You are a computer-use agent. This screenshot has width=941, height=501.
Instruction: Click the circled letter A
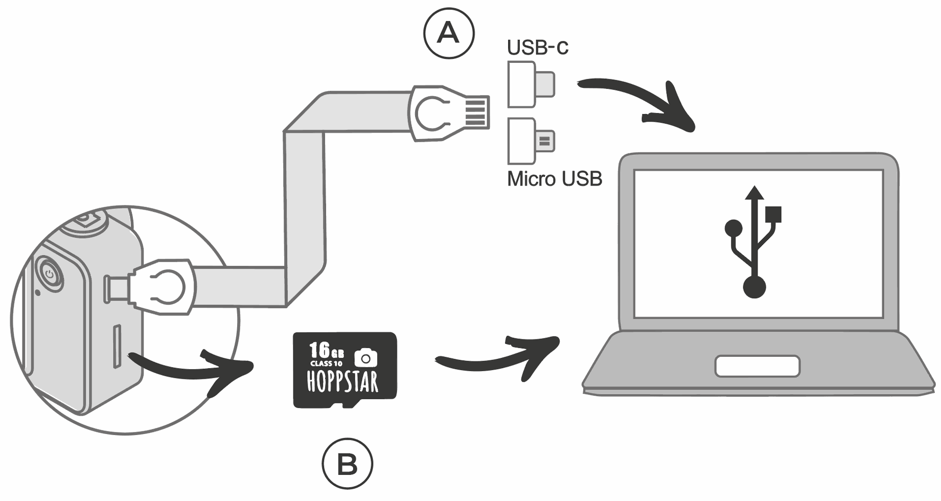pyautogui.click(x=449, y=33)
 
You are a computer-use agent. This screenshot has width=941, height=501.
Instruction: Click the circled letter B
pyautogui.click(x=348, y=464)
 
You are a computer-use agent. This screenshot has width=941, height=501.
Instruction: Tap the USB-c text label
pyautogui.click(x=537, y=48)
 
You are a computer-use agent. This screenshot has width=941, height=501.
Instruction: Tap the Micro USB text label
pyautogui.click(x=555, y=179)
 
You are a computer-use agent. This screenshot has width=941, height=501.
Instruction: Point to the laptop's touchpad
pyautogui.click(x=757, y=366)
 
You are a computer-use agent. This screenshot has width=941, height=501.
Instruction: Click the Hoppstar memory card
pyautogui.click(x=345, y=370)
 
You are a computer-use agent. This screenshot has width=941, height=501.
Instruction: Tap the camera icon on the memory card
pyautogui.click(x=365, y=357)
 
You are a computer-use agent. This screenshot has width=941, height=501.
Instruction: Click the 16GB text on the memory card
pyautogui.click(x=326, y=351)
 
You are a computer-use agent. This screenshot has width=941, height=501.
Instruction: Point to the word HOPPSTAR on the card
pyautogui.click(x=342, y=382)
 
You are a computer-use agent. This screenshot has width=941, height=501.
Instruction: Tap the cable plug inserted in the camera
pyautogui.click(x=161, y=286)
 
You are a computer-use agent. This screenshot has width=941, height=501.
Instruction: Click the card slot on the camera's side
pyautogui.click(x=117, y=346)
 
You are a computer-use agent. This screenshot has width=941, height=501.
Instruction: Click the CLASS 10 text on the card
pyautogui.click(x=326, y=363)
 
